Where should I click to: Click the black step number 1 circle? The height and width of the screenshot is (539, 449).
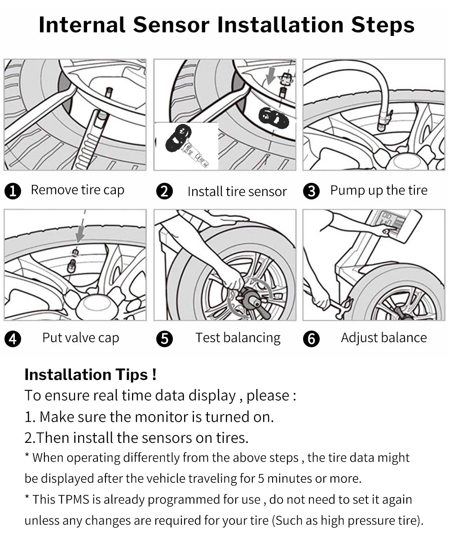point(13,191)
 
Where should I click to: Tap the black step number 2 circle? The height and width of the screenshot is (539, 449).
point(164,191)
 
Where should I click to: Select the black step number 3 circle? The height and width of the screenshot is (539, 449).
point(311,191)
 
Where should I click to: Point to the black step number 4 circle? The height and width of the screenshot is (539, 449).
point(13,339)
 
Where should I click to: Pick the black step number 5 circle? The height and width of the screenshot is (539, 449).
point(164,339)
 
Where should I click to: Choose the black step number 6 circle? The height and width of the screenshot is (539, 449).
point(311,339)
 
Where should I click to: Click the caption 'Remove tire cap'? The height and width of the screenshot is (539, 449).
point(77,190)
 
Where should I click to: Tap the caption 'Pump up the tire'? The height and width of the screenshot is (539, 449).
point(379,190)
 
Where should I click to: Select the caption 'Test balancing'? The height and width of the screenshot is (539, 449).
point(238,338)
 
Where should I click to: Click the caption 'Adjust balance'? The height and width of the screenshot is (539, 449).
point(383,338)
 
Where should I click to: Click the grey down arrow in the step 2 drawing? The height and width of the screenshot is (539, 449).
point(270,77)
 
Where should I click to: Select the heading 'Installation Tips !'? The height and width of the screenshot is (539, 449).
point(90,374)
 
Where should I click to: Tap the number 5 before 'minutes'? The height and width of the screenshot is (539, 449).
point(261,478)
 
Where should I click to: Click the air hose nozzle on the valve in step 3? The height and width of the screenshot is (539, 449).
point(383,121)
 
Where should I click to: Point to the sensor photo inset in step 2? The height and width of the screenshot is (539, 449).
point(186,146)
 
